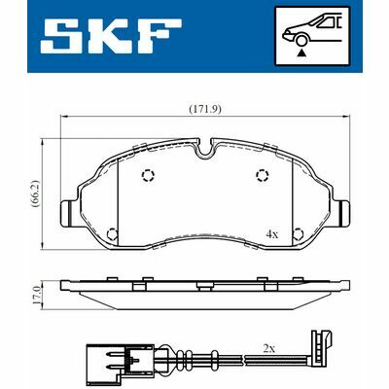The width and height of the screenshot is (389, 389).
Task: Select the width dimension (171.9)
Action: pyautogui.click(x=203, y=109)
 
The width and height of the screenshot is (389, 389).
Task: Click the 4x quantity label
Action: pyautogui.click(x=272, y=234)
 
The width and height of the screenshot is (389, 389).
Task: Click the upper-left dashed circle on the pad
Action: pyautogui.click(x=148, y=175)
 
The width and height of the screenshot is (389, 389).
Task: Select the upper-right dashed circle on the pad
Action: pyautogui.click(x=262, y=175)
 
